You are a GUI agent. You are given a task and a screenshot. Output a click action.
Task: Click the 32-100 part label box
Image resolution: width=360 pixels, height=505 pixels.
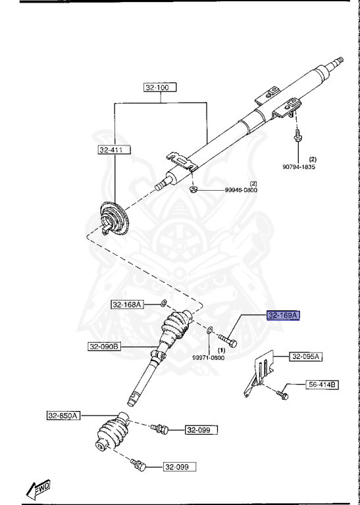(x=160, y=87)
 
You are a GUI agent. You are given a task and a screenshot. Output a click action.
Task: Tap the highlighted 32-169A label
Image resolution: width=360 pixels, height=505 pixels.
(x=283, y=316)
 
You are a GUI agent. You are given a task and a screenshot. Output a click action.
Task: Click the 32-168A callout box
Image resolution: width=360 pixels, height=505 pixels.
(x=128, y=304)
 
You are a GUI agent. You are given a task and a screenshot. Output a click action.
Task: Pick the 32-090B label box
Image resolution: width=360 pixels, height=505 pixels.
(x=105, y=347)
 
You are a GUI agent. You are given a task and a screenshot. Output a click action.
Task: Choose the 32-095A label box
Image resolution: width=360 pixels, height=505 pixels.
(x=305, y=357)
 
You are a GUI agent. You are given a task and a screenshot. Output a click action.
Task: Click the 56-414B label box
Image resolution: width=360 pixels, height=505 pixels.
(x=322, y=385)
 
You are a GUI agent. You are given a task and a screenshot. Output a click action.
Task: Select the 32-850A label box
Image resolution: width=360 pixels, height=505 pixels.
(x=63, y=416)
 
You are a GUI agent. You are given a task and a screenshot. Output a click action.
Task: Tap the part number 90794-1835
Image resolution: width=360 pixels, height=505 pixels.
(x=299, y=167)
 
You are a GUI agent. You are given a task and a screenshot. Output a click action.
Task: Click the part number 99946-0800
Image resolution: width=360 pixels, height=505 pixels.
(x=241, y=190)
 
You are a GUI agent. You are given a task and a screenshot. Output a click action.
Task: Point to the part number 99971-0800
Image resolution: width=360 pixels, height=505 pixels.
(x=209, y=358)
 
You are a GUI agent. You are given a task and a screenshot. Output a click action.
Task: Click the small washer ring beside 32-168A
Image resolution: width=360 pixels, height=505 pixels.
(x=164, y=303)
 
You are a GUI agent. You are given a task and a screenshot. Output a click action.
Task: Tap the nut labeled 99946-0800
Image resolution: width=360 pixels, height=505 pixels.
(x=193, y=189)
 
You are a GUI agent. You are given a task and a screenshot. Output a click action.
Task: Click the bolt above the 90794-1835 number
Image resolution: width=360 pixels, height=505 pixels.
(x=297, y=135)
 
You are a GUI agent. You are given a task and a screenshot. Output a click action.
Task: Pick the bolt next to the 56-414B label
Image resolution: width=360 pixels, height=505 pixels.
(x=282, y=395)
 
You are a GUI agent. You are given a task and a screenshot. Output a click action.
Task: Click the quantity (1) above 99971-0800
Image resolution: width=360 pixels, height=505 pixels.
(x=221, y=350)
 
